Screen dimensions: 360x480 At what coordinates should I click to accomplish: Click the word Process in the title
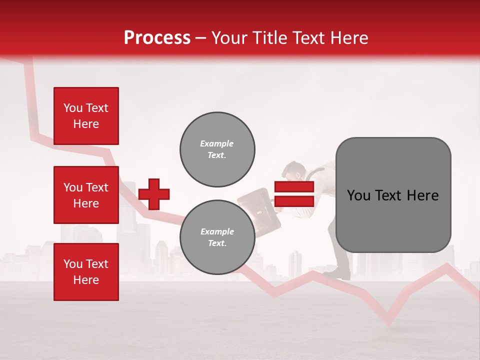[157, 38]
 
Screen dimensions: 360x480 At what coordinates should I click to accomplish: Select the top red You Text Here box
[86, 116]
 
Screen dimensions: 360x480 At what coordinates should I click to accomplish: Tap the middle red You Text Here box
[86, 195]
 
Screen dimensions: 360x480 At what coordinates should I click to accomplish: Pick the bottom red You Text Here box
[86, 272]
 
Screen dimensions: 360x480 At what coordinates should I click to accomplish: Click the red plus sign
[154, 194]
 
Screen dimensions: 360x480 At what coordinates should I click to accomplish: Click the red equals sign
[294, 194]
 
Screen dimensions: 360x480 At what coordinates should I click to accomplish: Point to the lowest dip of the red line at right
[389, 322]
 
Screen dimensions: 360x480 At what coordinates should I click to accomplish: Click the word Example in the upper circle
[217, 143]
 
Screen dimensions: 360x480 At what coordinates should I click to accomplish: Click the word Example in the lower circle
[217, 231]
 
